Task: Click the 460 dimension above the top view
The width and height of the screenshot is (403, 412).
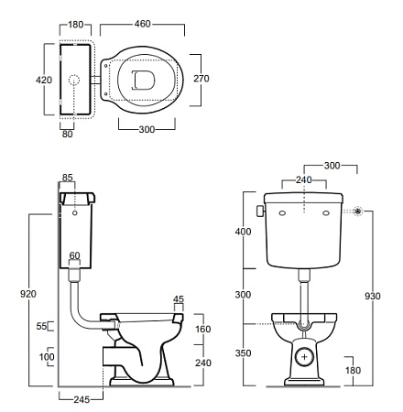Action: click(143, 24)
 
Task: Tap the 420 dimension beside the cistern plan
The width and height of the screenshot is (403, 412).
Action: click(44, 80)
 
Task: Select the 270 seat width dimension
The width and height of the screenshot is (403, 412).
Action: click(201, 79)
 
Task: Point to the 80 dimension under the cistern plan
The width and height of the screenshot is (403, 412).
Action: click(68, 134)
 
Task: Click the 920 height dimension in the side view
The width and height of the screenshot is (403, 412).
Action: click(28, 294)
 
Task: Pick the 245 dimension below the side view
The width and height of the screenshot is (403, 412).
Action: click(82, 399)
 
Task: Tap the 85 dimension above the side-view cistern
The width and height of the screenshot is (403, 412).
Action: click(68, 178)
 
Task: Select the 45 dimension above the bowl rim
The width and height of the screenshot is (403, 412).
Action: click(179, 299)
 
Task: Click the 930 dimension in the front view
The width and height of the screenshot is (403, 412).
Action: click(373, 296)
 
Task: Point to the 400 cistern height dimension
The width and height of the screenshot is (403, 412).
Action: click(243, 232)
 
